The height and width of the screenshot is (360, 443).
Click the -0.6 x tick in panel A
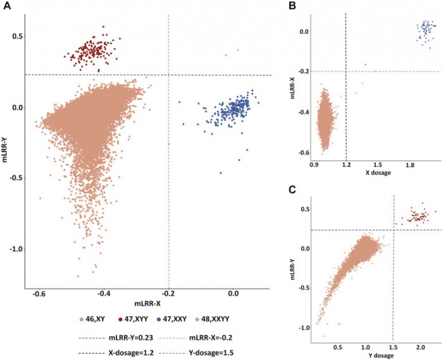[39, 294]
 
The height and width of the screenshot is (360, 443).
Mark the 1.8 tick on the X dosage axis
[411, 164]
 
